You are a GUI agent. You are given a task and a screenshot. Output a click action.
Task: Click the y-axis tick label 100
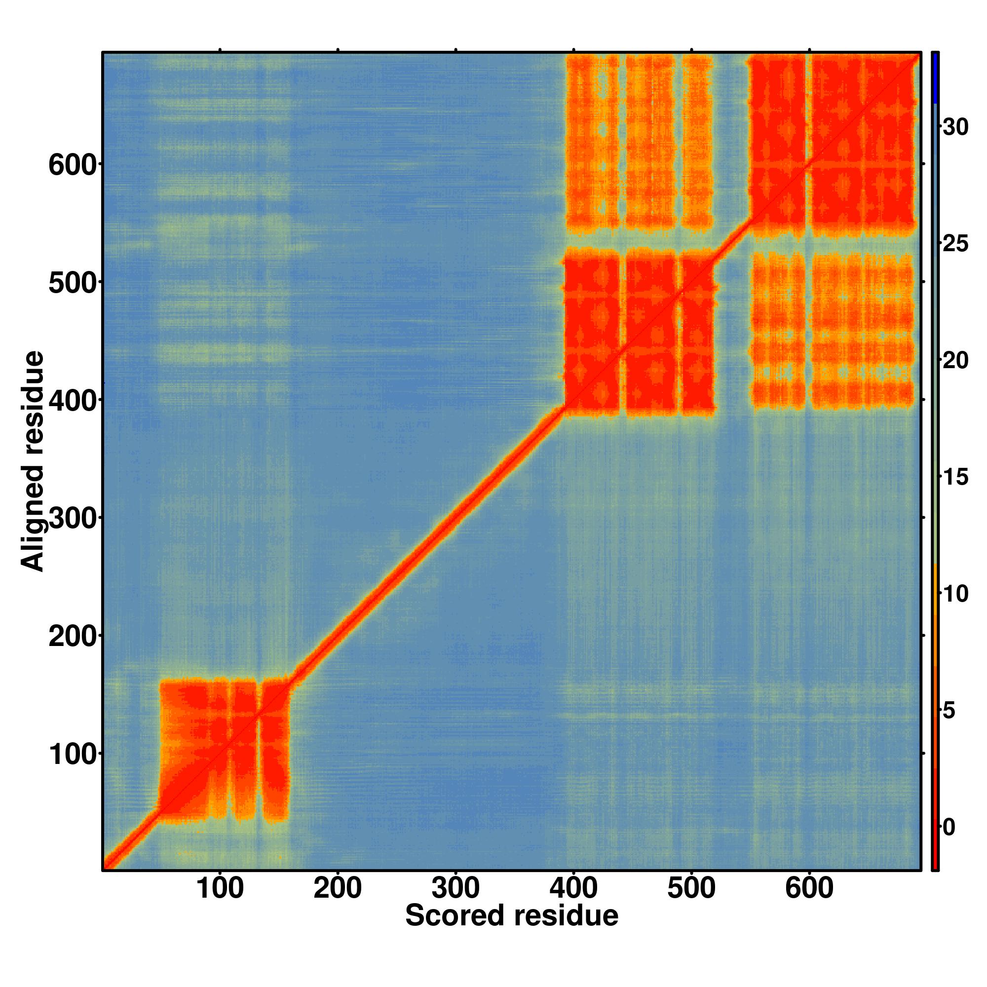coord(73,754)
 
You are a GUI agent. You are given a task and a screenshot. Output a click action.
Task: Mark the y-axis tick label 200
coord(73,636)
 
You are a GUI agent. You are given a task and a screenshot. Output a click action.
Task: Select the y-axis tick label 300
coord(73,518)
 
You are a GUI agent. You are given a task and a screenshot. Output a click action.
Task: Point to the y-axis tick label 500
coord(73,282)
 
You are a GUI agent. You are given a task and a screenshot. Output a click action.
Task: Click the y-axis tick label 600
coord(73,164)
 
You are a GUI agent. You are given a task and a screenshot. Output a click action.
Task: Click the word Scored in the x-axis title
coord(455,915)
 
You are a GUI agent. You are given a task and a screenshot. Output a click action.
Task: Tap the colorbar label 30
coord(955,127)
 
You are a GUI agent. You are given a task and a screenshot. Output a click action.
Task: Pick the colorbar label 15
coord(955,477)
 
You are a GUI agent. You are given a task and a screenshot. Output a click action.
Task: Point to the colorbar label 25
coord(955,243)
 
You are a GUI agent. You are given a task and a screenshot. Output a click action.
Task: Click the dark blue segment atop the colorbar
coord(935,77)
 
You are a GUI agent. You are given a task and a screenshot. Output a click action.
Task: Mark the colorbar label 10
coord(955,594)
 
